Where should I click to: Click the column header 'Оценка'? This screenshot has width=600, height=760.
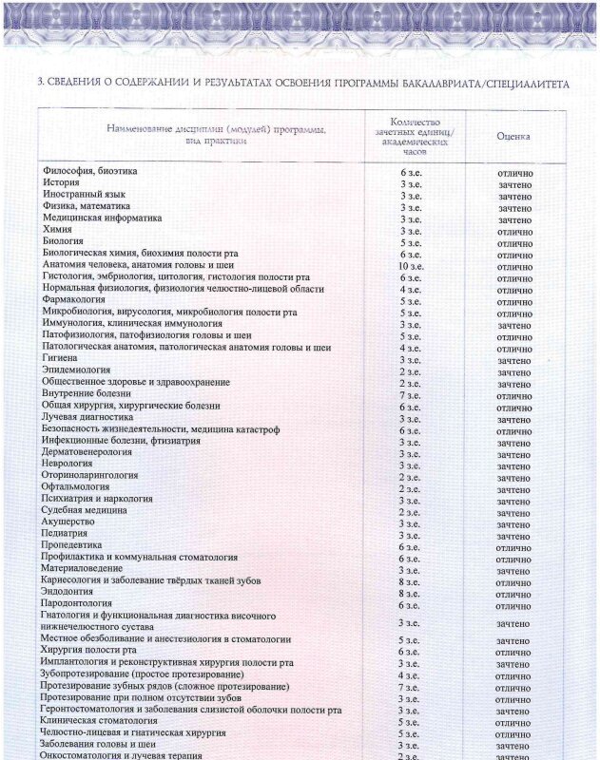(x=513, y=137)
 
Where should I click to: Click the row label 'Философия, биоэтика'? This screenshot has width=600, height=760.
(x=90, y=171)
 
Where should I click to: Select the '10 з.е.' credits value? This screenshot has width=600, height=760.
(x=410, y=266)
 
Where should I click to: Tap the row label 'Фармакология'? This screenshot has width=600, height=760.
(x=73, y=299)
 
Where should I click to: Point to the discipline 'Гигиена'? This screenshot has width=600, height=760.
(x=60, y=358)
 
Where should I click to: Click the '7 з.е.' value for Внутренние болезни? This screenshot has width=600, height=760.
(x=410, y=395)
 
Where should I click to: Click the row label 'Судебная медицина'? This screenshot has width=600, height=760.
(x=85, y=510)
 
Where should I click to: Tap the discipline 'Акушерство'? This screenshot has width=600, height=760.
(x=68, y=522)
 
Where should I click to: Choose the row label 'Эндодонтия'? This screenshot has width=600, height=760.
(x=68, y=591)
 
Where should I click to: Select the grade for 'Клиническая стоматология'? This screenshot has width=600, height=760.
(x=513, y=722)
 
